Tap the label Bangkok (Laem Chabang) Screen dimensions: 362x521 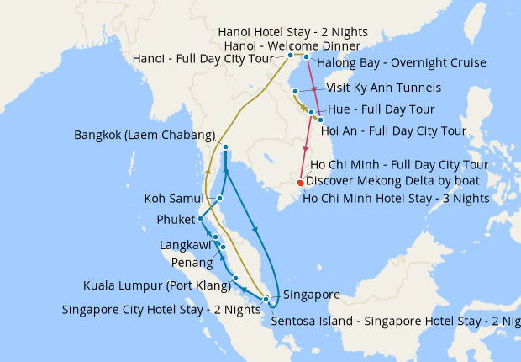145,135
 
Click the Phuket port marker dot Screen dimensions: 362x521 200,219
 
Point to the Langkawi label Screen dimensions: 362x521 186,245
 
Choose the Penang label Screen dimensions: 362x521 192,263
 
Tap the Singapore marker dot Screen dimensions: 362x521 266,299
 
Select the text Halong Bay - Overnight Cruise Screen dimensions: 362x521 402,62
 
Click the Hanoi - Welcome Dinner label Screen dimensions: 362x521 292,45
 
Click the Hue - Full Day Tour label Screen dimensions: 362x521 381,109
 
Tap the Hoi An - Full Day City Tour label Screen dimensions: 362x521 393,130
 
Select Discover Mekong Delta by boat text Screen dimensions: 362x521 392,180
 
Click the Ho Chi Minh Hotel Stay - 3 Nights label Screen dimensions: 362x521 395,199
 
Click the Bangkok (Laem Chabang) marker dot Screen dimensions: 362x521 225,147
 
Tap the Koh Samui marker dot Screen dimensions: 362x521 220,199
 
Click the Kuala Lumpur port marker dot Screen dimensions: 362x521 235,278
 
